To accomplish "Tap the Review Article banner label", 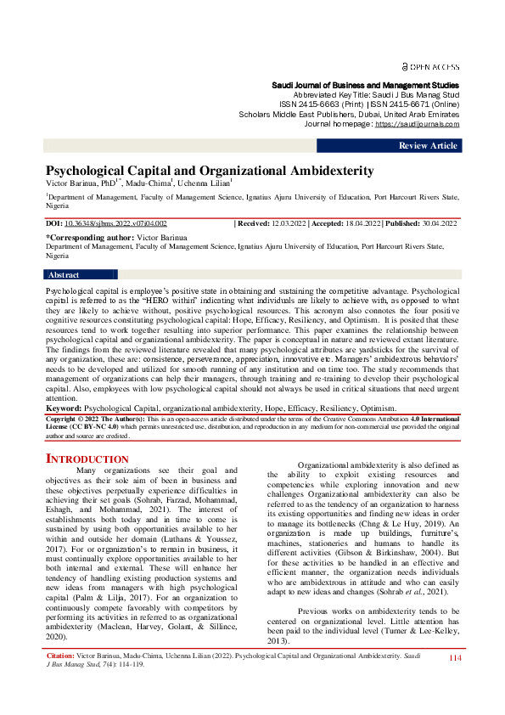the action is (x=429, y=146).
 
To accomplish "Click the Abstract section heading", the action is (x=64, y=275).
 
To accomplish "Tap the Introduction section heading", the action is (x=87, y=459).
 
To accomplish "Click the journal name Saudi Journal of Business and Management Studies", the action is (x=365, y=86).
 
